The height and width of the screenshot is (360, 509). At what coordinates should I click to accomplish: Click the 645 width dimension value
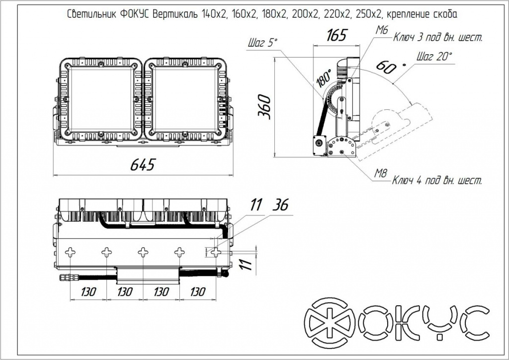pyautogui.click(x=143, y=165)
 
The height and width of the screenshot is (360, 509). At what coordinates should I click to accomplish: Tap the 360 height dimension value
pyautogui.click(x=264, y=106)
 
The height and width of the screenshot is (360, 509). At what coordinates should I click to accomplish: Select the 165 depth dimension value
pyautogui.click(x=336, y=36)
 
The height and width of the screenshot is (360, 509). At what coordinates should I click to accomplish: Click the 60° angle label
pyautogui.click(x=387, y=66)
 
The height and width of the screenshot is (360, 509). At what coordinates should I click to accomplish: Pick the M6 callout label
pyautogui.click(x=382, y=30)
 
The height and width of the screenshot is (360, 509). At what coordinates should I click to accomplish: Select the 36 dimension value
pyautogui.click(x=281, y=205)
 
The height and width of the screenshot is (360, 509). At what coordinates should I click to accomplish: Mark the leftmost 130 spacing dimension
pyautogui.click(x=88, y=292)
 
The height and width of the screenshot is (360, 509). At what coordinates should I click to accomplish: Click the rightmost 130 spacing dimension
pyautogui.click(x=197, y=292)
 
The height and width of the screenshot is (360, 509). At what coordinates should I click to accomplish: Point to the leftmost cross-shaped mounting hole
pyautogui.click(x=71, y=253)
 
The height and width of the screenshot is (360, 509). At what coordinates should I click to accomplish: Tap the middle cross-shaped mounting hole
pyautogui.click(x=143, y=253)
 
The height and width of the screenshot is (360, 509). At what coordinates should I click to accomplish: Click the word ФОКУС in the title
pyautogui.click(x=135, y=15)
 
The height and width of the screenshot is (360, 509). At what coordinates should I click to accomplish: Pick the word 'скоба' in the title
pyautogui.click(x=440, y=15)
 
